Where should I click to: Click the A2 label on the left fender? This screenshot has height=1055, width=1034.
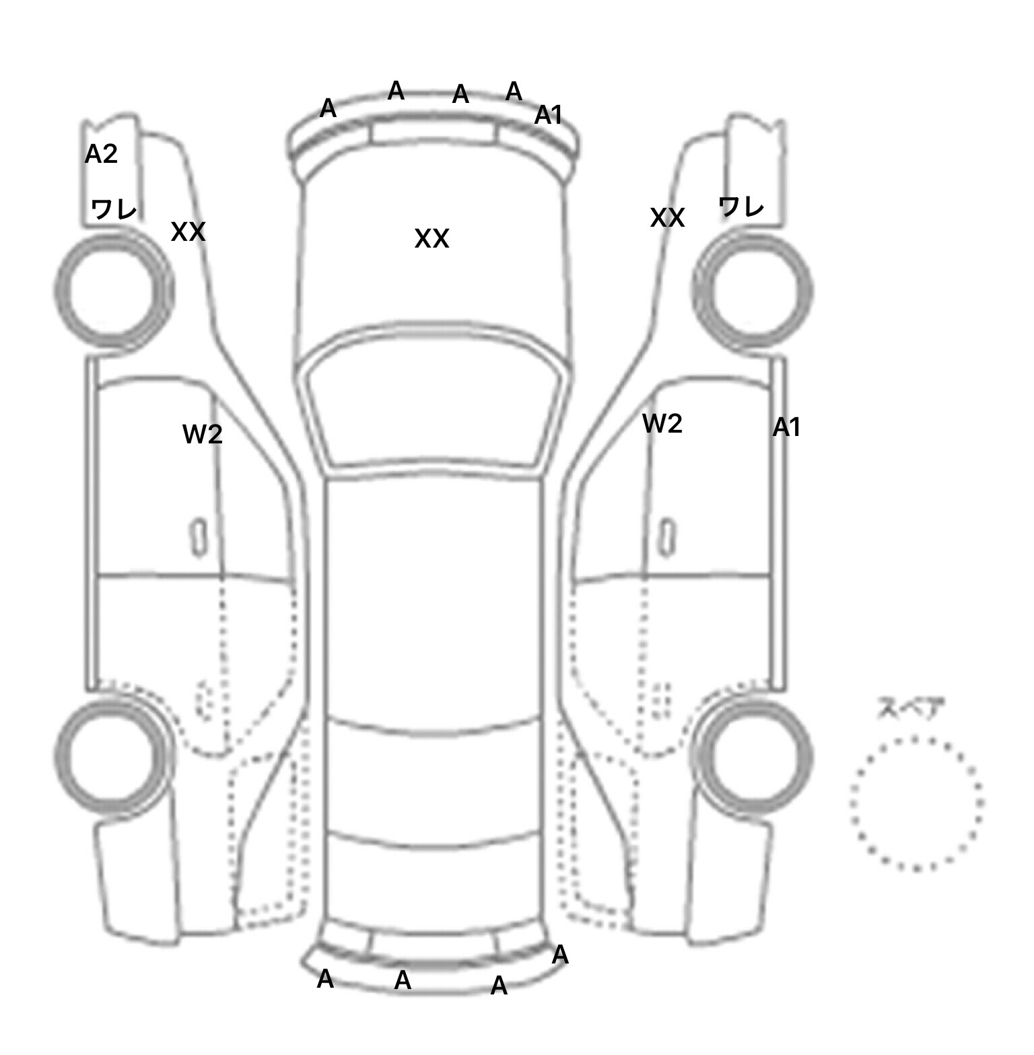click(101, 155)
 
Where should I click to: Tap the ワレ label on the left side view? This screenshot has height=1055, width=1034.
click(114, 210)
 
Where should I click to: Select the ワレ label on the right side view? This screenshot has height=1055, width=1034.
click(741, 206)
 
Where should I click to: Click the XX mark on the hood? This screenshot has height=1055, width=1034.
click(432, 239)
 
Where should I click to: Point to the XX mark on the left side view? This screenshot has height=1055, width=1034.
click(188, 232)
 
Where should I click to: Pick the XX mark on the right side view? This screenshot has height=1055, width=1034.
click(667, 218)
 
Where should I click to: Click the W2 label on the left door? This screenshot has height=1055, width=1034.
click(202, 434)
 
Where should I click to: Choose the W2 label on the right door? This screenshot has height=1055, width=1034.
click(662, 424)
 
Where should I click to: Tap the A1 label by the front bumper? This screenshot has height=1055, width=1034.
click(548, 116)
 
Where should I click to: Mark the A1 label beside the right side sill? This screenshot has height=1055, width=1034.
click(786, 427)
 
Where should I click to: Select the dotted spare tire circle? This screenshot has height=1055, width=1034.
click(916, 803)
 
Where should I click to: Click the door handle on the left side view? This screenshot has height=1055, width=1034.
click(199, 537)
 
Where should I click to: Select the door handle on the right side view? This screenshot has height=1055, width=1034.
click(666, 537)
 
